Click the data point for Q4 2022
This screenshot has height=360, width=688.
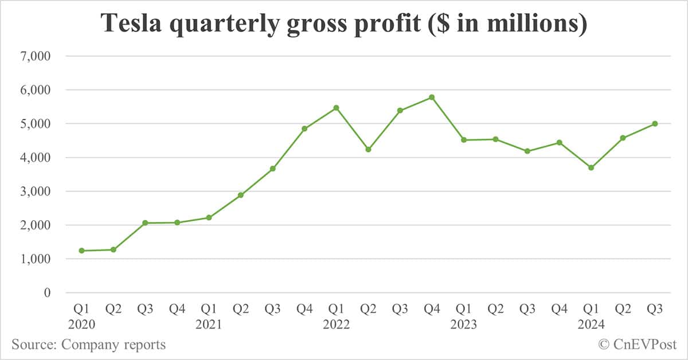pyautogui.click(x=432, y=97)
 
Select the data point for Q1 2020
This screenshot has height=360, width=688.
pyautogui.click(x=81, y=251)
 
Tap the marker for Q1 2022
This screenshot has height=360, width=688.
pyautogui.click(x=337, y=108)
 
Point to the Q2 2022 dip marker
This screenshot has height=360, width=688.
pyautogui.click(x=368, y=150)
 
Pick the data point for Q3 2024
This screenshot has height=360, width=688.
pyautogui.click(x=655, y=124)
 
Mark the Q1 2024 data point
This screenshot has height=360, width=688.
pyautogui.click(x=591, y=167)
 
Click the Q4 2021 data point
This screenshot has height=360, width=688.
pyautogui.click(x=304, y=128)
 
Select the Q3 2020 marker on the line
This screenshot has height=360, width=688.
pyautogui.click(x=145, y=222)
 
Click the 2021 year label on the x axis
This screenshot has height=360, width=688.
pyautogui.click(x=209, y=324)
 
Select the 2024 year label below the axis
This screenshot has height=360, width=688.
pyautogui.click(x=591, y=324)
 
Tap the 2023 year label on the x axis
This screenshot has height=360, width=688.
pyautogui.click(x=464, y=324)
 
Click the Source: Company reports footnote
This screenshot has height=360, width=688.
pyautogui.click(x=89, y=345)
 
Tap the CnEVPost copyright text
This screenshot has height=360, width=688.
pyautogui.click(x=638, y=345)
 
